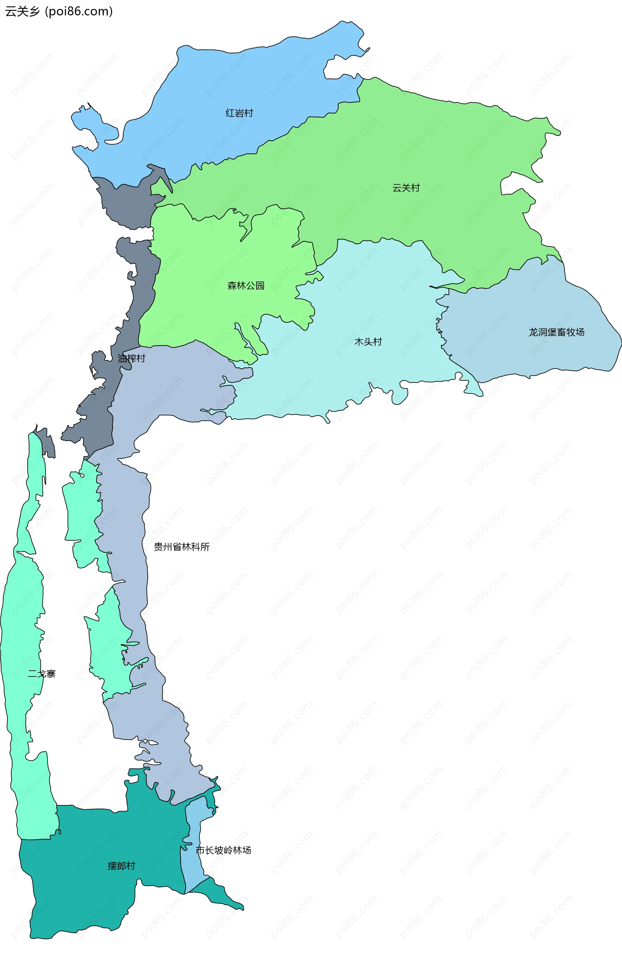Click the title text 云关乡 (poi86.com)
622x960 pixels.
tap(59, 11)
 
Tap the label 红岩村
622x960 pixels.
tap(239, 113)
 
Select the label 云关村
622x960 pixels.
tap(406, 188)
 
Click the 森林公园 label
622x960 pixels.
tap(246, 285)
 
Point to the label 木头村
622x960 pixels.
tap(368, 341)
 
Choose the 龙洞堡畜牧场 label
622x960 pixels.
tap(556, 332)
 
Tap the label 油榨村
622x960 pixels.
tap(132, 358)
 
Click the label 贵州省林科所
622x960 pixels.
tap(181, 547)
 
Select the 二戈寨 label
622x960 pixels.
tap(41, 674)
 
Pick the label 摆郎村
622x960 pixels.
tap(121, 866)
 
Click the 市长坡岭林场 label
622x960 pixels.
tap(224, 850)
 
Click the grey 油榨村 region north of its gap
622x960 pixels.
tap(125, 202)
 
